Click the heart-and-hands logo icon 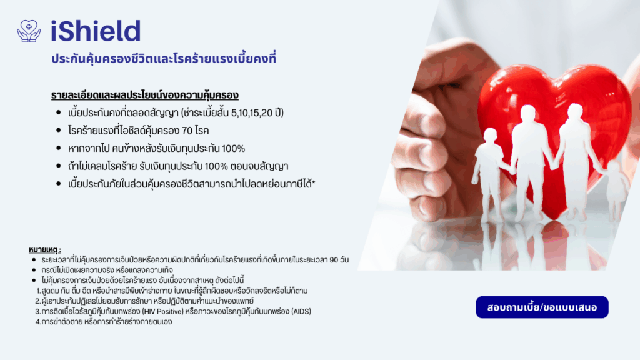29,31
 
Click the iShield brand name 96,31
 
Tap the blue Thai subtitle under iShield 164,58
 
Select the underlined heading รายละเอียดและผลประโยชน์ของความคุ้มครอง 144,95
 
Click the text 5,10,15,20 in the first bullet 252,112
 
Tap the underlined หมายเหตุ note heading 45,249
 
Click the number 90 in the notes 334,260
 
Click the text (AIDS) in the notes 301,311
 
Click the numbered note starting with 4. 104,322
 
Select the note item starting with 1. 172,291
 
